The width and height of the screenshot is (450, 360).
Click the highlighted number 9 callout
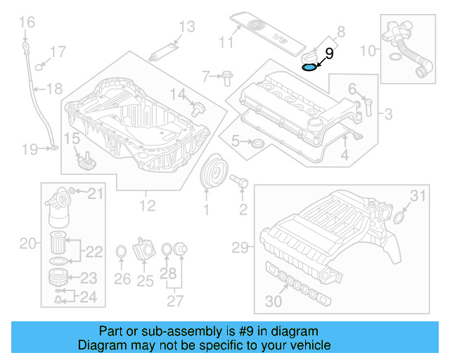click(x=329, y=52)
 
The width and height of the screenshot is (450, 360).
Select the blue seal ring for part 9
click(x=307, y=67)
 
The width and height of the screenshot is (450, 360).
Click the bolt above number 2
click(x=240, y=182)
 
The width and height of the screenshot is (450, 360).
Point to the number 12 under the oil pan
click(x=147, y=207)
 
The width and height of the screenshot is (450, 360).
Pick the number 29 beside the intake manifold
click(x=240, y=247)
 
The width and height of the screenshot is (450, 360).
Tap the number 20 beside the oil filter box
click(x=27, y=244)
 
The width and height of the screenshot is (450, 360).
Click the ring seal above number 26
click(x=120, y=252)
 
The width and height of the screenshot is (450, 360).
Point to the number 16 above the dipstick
click(x=26, y=23)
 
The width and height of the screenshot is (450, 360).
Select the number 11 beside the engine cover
click(x=224, y=43)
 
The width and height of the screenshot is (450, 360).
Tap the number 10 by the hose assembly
click(x=368, y=51)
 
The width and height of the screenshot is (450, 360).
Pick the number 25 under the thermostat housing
click(x=146, y=281)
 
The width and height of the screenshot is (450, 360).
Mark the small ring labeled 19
click(x=53, y=149)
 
